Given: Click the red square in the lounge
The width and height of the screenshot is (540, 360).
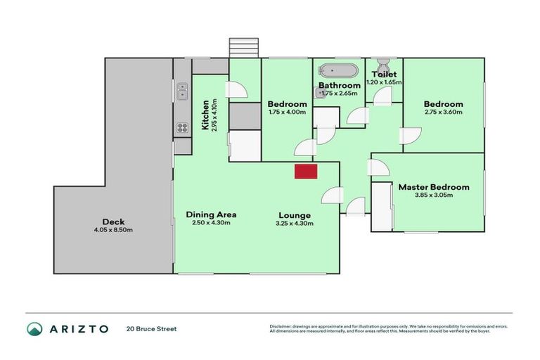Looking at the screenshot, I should (306, 171).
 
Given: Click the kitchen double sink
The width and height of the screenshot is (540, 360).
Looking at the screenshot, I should (181, 90).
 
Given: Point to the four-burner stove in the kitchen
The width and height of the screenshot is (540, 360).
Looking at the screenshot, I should (181, 127).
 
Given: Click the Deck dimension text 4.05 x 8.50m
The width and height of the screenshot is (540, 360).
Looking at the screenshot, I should (113, 231).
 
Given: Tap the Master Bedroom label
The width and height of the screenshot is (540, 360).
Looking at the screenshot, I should (433, 187).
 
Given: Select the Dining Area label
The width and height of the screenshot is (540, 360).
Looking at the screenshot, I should (211, 214).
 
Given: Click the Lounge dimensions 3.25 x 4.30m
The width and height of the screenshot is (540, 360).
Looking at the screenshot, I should (294, 223).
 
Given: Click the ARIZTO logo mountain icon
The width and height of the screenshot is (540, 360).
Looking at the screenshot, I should (34, 328).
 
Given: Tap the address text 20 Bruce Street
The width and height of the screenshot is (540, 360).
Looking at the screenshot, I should (151, 328).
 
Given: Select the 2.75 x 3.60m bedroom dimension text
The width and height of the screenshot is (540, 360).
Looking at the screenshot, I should (443, 110).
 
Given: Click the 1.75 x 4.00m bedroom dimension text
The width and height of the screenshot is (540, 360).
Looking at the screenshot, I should (287, 111).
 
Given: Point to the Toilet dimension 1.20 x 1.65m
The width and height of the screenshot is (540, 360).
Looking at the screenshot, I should (385, 82).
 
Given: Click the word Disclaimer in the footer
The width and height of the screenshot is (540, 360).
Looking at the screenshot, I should (281, 326).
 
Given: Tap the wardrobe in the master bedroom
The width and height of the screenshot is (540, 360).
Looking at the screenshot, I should (382, 206).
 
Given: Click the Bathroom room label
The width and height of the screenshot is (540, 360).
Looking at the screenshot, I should (340, 85).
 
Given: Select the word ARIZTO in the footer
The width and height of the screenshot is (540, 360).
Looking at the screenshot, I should (78, 328).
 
